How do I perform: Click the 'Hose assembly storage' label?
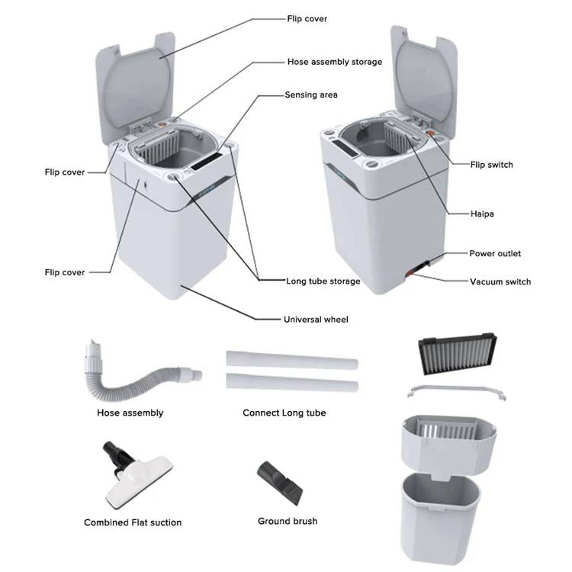(334, 62)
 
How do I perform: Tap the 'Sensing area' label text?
(311, 95)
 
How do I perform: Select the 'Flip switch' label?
(491, 165)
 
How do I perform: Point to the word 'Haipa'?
(482, 214)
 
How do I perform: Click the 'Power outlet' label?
(495, 253)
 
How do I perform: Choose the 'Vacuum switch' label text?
(500, 281)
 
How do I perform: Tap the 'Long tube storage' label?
(323, 281)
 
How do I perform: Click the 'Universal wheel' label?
(316, 320)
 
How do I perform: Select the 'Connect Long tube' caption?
(284, 413)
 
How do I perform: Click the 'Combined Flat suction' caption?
(133, 522)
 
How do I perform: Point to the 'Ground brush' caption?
(288, 521)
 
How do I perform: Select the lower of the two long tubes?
(291, 384)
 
